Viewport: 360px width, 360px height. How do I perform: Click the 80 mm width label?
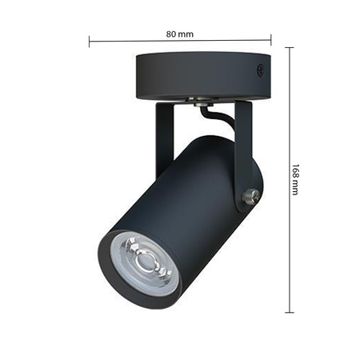[180, 34]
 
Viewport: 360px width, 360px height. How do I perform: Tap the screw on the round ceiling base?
[260, 71]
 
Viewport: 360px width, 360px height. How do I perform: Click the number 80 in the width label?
[172, 34]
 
